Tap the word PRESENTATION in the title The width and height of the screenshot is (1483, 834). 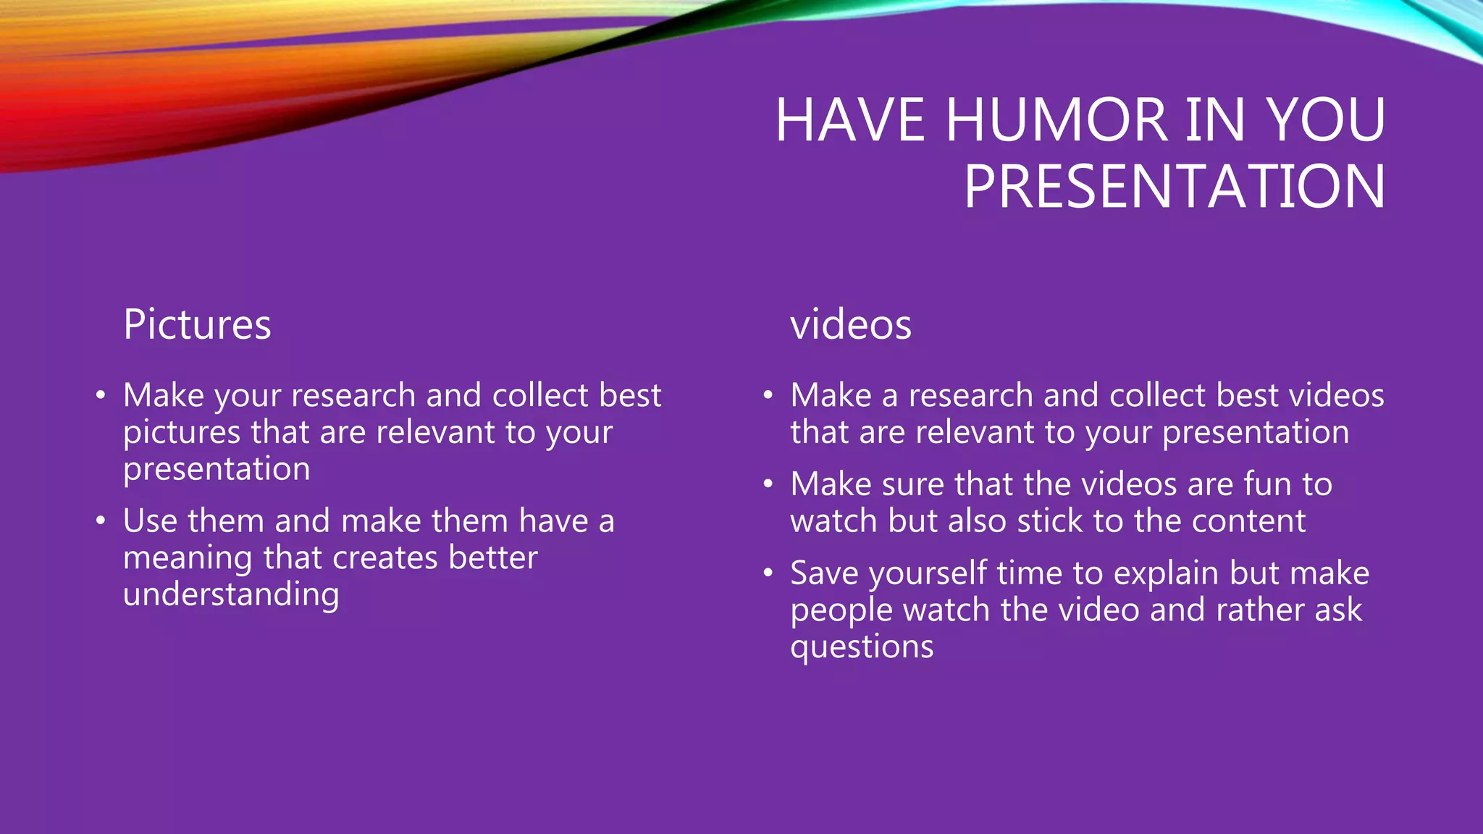[1174, 187]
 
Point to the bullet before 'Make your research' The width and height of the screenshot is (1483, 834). [101, 395]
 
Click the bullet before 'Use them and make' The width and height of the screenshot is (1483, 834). [101, 521]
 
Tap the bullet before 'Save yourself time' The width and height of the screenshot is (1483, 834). [768, 573]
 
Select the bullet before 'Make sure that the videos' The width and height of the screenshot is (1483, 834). [768, 484]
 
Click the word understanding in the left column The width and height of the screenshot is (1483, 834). [231, 595]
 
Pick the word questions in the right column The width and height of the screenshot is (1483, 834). [862, 646]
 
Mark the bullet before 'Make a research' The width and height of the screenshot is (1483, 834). [768, 395]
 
